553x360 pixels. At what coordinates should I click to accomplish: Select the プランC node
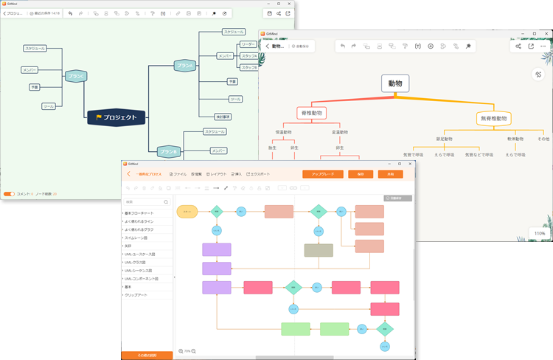click(x=76, y=76)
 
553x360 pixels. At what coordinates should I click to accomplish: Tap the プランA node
click(x=186, y=66)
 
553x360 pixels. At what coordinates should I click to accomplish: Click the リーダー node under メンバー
click(x=248, y=44)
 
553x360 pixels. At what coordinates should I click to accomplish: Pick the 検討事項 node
click(x=223, y=116)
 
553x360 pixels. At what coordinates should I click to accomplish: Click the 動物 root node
click(x=395, y=83)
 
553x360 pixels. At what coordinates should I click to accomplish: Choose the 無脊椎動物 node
click(x=494, y=118)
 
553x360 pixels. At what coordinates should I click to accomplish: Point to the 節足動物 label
click(x=449, y=138)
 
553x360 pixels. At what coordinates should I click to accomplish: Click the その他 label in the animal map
click(x=543, y=138)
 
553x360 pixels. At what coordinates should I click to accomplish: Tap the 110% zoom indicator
click(x=540, y=233)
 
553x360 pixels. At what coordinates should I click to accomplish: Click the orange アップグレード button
click(x=322, y=174)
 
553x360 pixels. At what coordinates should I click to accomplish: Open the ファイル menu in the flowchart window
click(x=177, y=174)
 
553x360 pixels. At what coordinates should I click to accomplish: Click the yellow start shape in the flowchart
click(x=187, y=211)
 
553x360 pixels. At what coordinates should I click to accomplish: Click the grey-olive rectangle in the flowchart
click(x=319, y=250)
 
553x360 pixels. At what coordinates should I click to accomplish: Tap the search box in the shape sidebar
click(x=146, y=201)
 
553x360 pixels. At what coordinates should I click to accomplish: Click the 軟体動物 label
click(x=515, y=138)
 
